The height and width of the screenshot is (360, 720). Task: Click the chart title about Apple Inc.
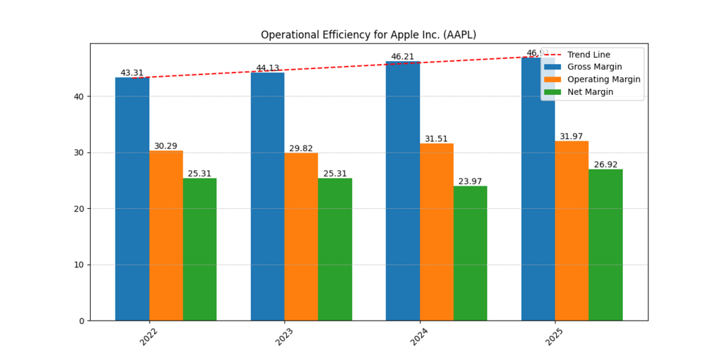click(368, 34)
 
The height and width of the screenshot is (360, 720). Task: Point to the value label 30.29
click(166, 146)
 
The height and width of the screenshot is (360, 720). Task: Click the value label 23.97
click(470, 181)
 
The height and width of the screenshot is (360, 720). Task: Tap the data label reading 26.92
click(605, 165)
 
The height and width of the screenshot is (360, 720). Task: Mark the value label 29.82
click(301, 148)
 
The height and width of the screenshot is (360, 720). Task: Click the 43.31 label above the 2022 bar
click(132, 72)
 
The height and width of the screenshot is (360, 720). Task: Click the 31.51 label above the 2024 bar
click(436, 139)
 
